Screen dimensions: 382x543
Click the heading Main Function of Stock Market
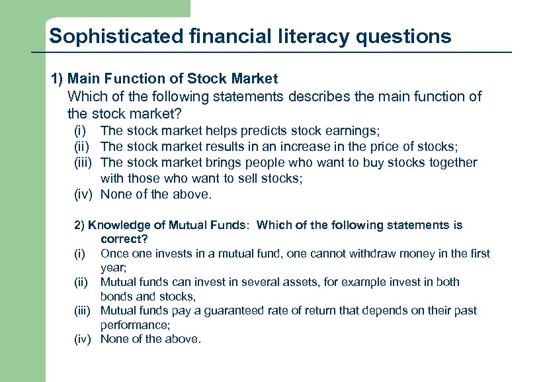click(173, 79)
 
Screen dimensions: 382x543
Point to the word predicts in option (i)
click(260, 131)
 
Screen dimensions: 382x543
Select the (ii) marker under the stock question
click(82, 146)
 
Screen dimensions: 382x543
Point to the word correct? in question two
click(124, 238)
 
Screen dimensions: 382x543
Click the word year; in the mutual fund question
click(112, 267)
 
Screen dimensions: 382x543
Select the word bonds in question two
click(117, 296)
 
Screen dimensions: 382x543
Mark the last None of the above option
click(150, 339)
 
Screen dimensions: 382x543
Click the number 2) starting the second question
click(79, 225)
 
